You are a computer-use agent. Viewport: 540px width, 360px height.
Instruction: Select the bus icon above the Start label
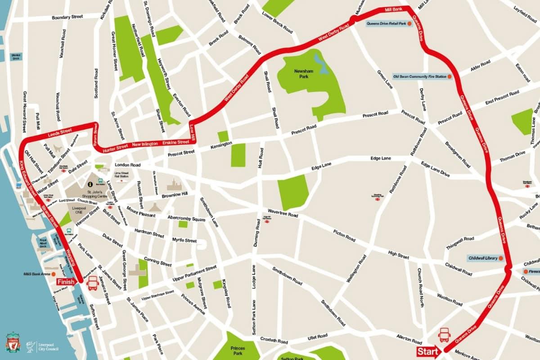tap(445, 335)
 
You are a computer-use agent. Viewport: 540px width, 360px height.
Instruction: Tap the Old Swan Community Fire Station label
tap(420, 77)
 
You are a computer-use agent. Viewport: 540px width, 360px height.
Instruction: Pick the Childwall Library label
tap(482, 258)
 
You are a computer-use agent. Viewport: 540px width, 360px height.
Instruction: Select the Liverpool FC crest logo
tap(13, 343)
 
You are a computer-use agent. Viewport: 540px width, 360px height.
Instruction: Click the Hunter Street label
tap(116, 148)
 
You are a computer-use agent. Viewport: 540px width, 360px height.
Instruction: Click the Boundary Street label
tap(67, 17)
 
